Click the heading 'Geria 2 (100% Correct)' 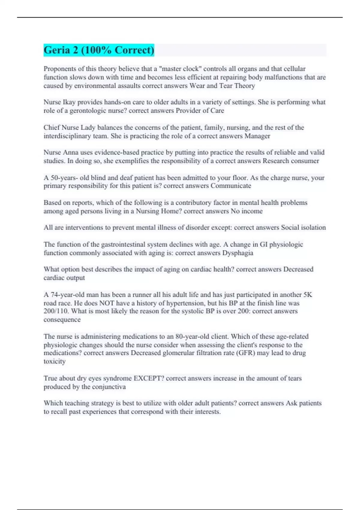[x=99, y=50]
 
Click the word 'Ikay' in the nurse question [x=69, y=102]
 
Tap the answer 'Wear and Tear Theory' [x=222, y=86]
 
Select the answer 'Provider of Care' [x=200, y=111]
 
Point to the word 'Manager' [x=257, y=136]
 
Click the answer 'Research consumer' [x=291, y=161]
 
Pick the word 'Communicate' [x=231, y=186]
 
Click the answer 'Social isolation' [x=303, y=228]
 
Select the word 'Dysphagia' [x=238, y=253]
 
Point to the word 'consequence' [x=62, y=320]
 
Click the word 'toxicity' [x=55, y=361]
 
